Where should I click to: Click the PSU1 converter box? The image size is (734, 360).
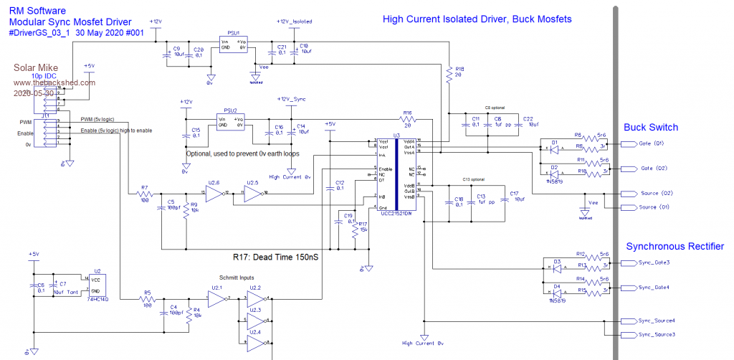pos(232,45)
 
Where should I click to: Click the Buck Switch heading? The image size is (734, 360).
pos(650,128)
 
